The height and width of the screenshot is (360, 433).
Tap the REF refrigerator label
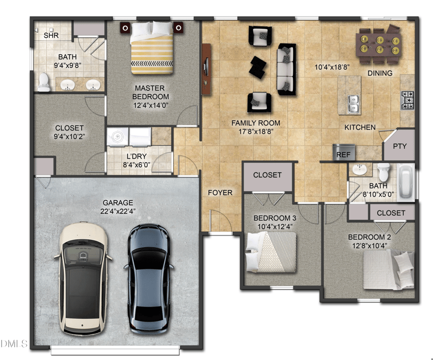click(x=343, y=155)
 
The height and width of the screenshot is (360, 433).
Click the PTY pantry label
click(x=400, y=146)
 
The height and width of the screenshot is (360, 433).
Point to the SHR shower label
click(x=51, y=35)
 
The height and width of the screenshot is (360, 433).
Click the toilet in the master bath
click(x=44, y=82)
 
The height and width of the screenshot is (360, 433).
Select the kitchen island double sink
click(x=353, y=104)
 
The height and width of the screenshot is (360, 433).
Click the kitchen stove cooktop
click(x=408, y=100)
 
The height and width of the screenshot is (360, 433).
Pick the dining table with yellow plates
click(x=378, y=44)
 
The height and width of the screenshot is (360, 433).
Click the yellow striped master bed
click(x=152, y=48)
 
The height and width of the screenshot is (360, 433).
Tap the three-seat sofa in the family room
click(x=286, y=69)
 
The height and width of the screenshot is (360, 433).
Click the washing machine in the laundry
click(x=118, y=136)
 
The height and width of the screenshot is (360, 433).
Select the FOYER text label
click(x=220, y=193)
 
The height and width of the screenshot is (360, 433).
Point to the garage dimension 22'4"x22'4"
click(x=118, y=211)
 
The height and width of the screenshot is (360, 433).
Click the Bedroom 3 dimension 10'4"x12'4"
click(x=275, y=226)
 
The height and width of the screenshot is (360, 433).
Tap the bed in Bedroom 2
click(x=389, y=270)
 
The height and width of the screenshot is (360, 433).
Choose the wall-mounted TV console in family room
click(x=206, y=69)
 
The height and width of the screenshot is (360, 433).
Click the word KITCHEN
click(x=360, y=127)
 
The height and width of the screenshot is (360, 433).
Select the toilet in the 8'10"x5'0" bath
click(x=383, y=171)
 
